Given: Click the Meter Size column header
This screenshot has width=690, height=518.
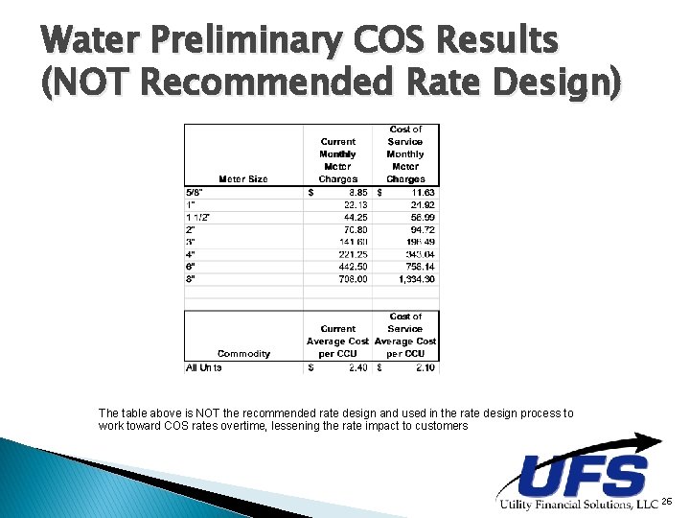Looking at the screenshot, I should coord(243,179).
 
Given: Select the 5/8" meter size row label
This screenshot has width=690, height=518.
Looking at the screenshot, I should coord(195,192).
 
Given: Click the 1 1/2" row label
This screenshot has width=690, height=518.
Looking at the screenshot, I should coord(198,217).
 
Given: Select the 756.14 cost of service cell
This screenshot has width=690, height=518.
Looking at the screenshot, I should coord(419,267).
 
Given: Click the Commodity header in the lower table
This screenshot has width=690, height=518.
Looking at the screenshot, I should coord(243,354).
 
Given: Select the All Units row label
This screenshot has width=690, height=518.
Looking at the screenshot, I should coord(204,367).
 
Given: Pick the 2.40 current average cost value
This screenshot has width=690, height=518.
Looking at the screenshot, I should coord(356,367).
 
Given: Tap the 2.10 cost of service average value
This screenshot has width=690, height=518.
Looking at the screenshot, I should coord(422,367).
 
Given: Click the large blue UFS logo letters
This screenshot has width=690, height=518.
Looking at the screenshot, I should coord(582,477).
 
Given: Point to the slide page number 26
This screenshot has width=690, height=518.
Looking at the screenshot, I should coord(667,502).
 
